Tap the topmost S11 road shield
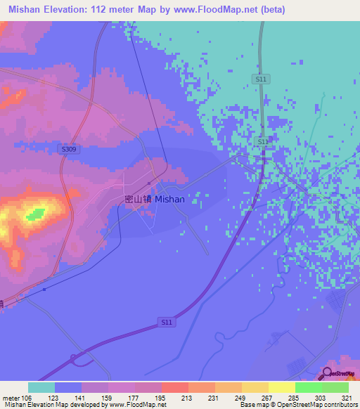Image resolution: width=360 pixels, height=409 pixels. pyautogui.click(x=261, y=79)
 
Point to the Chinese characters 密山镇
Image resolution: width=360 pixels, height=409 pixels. pyautogui.click(x=138, y=199)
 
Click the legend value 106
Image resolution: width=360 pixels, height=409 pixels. pyautogui.click(x=28, y=397)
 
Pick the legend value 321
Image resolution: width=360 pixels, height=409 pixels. pyautogui.click(x=349, y=397)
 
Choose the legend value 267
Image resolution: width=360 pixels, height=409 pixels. pyautogui.click(x=269, y=397)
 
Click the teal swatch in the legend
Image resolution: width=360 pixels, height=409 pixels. pyautogui.click(x=41, y=387)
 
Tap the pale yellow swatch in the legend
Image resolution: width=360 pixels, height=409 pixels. pyautogui.click(x=281, y=387)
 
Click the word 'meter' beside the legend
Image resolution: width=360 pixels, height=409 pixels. pyautogui.click(x=10, y=397)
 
